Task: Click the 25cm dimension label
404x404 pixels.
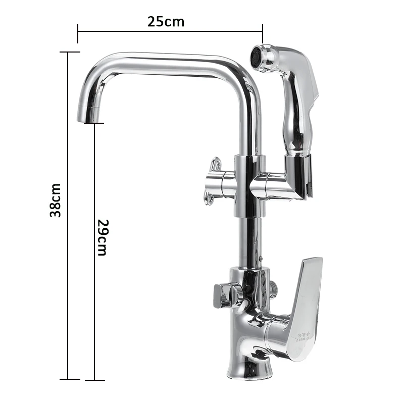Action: pyautogui.click(x=166, y=22)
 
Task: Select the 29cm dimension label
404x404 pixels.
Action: pyautogui.click(x=103, y=237)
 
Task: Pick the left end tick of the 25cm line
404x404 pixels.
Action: pyautogui.click(x=78, y=33)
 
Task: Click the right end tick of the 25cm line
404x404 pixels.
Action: pyautogui.click(x=263, y=33)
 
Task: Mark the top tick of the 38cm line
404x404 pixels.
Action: pyautogui.click(x=68, y=52)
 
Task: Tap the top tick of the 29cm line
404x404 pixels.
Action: pyautogui.click(x=94, y=123)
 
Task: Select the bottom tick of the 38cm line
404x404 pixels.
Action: pyautogui.click(x=68, y=379)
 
